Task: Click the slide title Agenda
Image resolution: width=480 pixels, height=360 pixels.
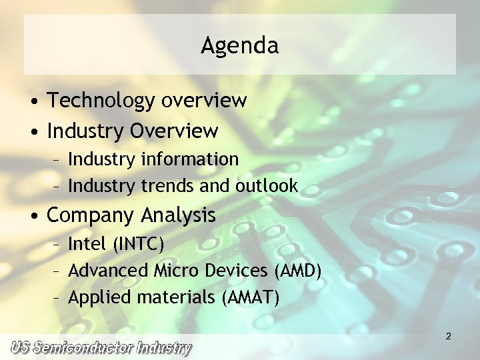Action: tap(239, 46)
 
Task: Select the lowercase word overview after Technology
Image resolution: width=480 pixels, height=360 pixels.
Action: tap(204, 101)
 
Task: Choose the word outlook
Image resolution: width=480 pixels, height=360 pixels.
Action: tap(267, 185)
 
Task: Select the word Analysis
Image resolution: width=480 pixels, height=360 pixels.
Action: tap(178, 215)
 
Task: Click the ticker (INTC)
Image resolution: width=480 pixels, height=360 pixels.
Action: tap(138, 244)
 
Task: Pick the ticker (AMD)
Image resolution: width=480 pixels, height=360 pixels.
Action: tap(298, 271)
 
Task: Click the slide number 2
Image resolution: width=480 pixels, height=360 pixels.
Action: tap(449, 337)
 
